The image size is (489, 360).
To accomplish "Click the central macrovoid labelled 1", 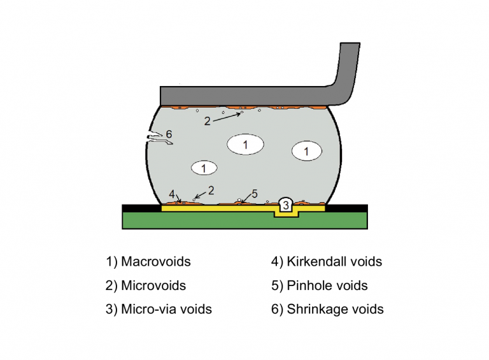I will [245, 145].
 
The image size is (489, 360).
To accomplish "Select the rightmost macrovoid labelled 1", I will [306, 151].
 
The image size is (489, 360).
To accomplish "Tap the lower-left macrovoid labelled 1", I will [203, 168].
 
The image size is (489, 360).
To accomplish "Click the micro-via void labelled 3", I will [286, 205].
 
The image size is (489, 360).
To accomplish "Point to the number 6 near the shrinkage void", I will [169, 134].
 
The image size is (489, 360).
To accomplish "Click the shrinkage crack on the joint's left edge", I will [155, 138].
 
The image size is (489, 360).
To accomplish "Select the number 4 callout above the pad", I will [171, 193].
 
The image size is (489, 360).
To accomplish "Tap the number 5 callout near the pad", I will [254, 193].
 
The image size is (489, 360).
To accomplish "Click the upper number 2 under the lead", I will [208, 120].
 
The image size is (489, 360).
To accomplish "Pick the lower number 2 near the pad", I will [211, 190].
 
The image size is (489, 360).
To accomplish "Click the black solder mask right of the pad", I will [346, 208].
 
